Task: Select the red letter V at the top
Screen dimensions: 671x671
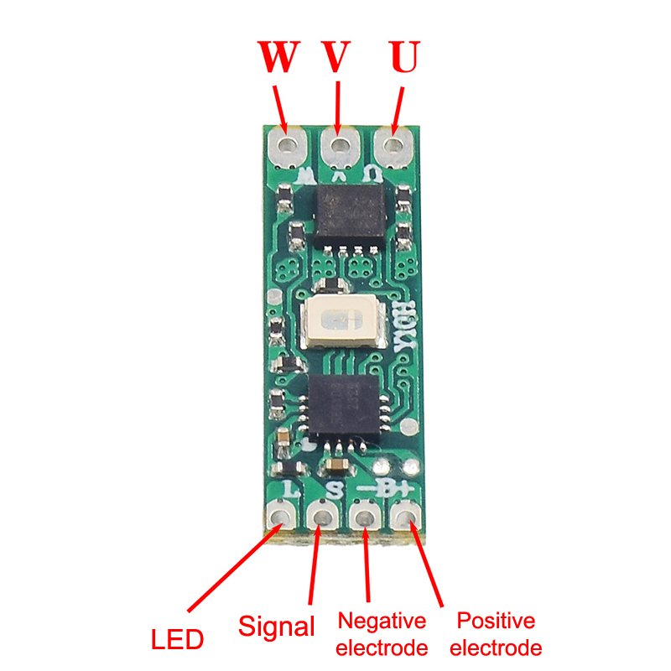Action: coord(337,58)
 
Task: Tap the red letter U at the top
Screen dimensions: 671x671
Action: coord(403,58)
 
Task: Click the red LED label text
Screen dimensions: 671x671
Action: coord(177,641)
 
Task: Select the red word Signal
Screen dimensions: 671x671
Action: coord(277,627)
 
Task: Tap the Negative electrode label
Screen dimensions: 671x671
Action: coord(382,634)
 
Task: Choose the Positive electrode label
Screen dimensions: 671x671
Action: coord(496,634)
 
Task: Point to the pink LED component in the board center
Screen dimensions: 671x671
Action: coord(342,322)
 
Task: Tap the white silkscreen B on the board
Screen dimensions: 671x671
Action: coord(392,488)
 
